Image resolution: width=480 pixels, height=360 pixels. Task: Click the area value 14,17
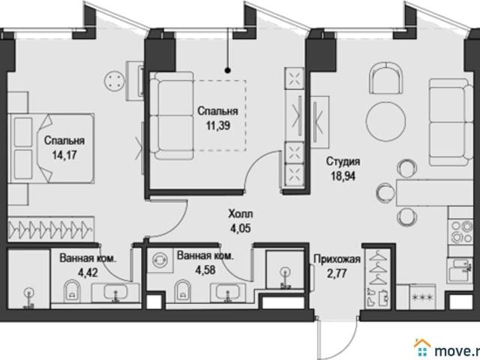tap(64, 155)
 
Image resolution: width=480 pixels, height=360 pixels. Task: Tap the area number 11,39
tap(218, 125)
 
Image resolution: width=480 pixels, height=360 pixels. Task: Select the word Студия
tap(343, 162)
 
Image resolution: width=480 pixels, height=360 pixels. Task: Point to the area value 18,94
tap(343, 176)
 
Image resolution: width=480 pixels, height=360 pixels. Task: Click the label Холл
tap(241, 214)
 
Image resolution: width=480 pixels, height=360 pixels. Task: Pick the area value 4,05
tap(241, 228)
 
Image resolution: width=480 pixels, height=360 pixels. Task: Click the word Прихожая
tap(337, 259)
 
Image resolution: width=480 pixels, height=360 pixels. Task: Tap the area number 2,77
tap(337, 273)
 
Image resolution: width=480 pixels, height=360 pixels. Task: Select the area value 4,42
tap(88, 272)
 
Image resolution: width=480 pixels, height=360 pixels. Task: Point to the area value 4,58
tap(205, 270)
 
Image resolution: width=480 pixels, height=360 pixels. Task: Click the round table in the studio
tap(386, 121)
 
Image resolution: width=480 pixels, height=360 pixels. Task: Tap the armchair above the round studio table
tap(385, 78)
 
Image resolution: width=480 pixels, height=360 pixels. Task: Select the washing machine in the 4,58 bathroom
tap(160, 259)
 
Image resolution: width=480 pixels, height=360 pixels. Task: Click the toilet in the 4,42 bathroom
tap(72, 291)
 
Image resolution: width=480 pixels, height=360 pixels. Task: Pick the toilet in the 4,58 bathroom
tap(182, 292)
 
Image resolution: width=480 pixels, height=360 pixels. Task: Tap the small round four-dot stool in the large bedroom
tap(115, 81)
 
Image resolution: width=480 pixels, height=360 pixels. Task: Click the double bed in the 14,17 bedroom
tap(51, 148)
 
